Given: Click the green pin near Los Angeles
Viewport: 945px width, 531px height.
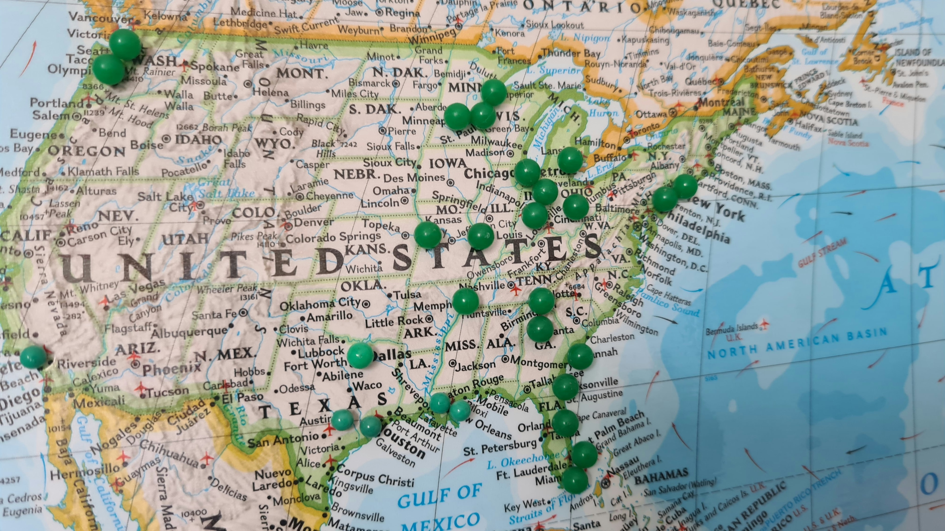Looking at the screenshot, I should [33, 356].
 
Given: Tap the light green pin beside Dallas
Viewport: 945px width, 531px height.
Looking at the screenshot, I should [360, 355].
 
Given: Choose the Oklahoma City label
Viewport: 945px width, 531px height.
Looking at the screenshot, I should [320, 304].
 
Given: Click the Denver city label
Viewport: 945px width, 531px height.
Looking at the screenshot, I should [314, 222].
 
